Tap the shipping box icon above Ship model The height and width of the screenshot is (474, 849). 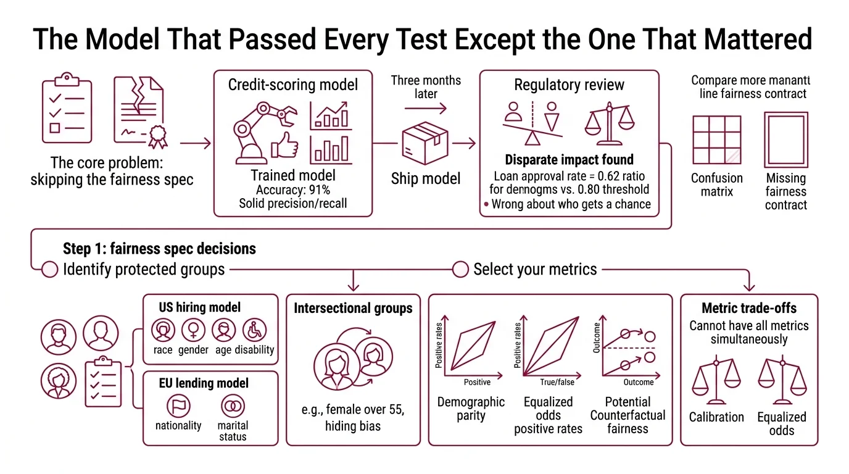(x=425, y=141)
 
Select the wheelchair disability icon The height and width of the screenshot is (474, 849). (x=254, y=331)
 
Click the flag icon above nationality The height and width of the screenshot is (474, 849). (x=179, y=405)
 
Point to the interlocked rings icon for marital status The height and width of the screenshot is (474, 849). (x=232, y=405)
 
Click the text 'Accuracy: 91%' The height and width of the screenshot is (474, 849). (x=293, y=189)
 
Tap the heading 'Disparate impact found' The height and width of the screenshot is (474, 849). (x=569, y=160)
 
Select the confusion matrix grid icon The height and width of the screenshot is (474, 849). (x=716, y=139)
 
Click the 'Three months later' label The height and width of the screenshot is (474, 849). (x=426, y=87)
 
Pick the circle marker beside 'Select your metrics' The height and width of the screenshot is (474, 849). (x=460, y=269)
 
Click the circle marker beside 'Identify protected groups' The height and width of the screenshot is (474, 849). (x=49, y=269)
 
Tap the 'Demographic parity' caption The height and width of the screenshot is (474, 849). (x=471, y=409)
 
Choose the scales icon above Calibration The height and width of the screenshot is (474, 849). (x=716, y=377)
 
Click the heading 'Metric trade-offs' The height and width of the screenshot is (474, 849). (x=749, y=308)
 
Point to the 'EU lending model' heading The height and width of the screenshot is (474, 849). (x=204, y=383)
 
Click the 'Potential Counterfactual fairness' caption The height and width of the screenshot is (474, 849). (x=627, y=415)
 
